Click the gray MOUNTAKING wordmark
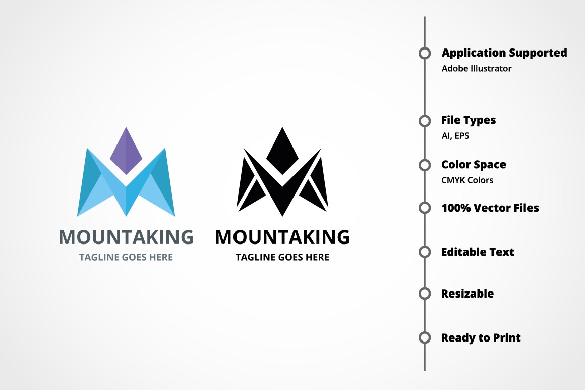click(126, 237)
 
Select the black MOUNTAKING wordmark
click(282, 237)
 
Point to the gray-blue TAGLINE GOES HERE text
click(126, 257)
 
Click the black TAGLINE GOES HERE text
click(282, 257)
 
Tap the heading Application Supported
click(504, 53)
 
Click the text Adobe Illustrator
click(477, 68)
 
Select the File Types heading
click(469, 120)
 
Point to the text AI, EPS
click(455, 135)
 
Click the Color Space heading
click(474, 165)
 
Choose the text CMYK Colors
click(467, 180)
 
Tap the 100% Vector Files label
click(490, 208)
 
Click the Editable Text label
click(478, 252)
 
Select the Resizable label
click(467, 294)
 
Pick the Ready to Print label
click(481, 337)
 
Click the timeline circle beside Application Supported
click(425, 53)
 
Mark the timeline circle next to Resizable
click(425, 294)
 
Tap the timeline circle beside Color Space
click(425, 165)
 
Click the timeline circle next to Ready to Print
click(425, 337)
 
